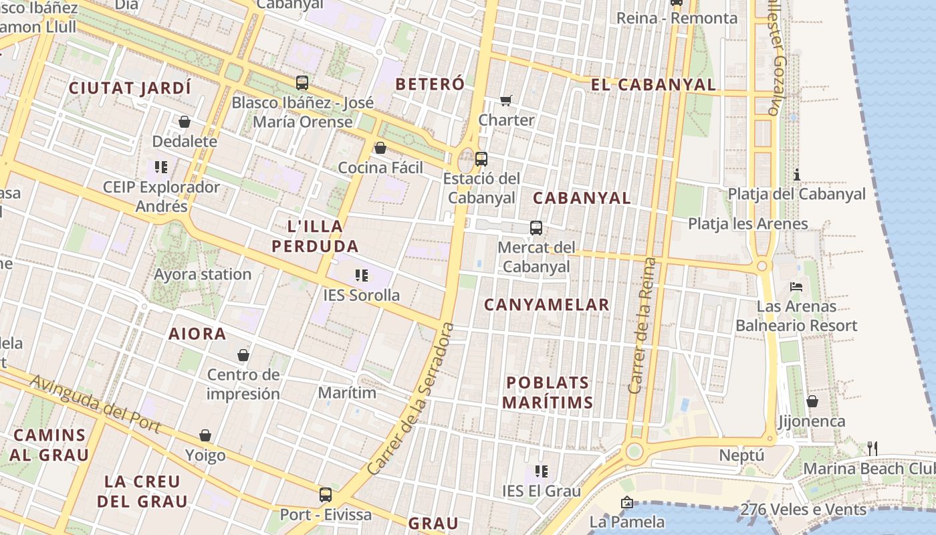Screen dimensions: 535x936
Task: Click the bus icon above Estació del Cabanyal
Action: pos(481,159)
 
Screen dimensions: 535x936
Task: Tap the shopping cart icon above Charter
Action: pos(506,100)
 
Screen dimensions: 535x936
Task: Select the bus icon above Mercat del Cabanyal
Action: pos(536,227)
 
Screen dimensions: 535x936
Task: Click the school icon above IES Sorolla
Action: pos(362,275)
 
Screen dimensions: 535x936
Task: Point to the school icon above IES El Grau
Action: pos(542,471)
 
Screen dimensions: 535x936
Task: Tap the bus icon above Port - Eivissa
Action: pos(326,495)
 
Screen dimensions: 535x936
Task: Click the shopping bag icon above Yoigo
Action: pos(205,435)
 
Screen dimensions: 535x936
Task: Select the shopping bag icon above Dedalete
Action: pos(185,122)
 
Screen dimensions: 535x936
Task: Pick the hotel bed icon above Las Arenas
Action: pos(796,287)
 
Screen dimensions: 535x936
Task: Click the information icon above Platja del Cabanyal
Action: pos(797,175)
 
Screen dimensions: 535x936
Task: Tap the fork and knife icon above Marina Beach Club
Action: pos(872,448)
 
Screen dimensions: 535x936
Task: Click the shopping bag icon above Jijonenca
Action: pos(812,401)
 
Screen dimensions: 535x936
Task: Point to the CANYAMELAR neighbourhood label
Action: pos(546,305)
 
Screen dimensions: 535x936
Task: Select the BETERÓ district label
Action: pos(430,84)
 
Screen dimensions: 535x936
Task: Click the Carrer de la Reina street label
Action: pos(642,326)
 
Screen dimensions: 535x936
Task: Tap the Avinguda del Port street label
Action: pos(96,403)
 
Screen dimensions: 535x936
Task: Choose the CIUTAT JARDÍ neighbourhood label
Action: pos(130,88)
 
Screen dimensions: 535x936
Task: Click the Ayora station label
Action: pos(203,274)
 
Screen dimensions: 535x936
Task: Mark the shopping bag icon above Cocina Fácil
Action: pos(380,148)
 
